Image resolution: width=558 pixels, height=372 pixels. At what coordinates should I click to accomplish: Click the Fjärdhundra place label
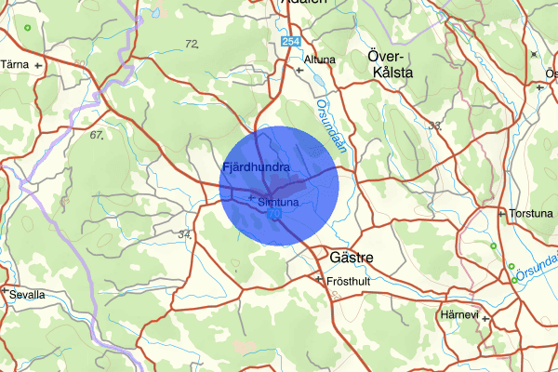(256, 166)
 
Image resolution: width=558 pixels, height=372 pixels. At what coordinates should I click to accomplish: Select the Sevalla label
(28, 295)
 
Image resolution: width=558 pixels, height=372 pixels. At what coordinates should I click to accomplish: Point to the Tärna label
(15, 65)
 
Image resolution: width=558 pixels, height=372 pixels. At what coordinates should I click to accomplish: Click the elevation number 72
(193, 44)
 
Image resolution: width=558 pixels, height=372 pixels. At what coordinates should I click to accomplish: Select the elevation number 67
(96, 136)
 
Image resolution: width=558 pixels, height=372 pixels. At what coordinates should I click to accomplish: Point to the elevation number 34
(185, 234)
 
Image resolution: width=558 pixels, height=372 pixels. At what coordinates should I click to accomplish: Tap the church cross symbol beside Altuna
(299, 69)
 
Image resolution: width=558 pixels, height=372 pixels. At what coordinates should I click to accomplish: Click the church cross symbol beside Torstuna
(503, 214)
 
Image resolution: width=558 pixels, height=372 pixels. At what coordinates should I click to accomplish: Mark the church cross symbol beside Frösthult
(319, 279)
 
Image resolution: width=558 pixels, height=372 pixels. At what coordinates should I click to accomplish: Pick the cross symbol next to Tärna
(38, 66)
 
